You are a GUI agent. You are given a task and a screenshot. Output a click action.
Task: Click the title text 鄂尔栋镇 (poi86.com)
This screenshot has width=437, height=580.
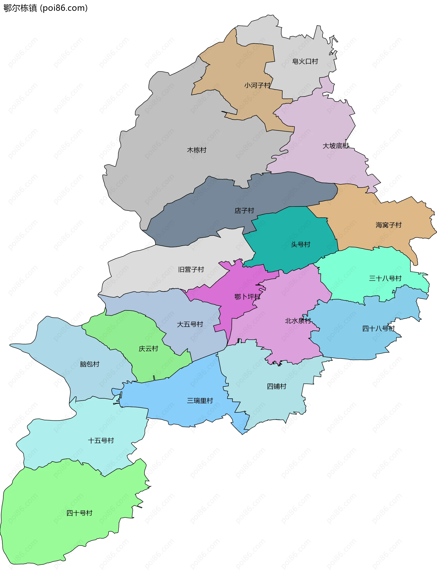(45, 8)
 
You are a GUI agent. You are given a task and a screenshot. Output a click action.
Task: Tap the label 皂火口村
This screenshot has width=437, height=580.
(305, 62)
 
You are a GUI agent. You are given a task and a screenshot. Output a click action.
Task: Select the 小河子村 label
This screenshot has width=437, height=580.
(257, 85)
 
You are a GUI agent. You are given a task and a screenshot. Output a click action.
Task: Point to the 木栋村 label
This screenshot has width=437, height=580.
(197, 150)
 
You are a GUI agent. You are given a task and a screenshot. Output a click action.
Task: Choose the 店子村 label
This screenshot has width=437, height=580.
(244, 211)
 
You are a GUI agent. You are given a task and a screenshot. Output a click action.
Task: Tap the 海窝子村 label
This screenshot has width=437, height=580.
(389, 225)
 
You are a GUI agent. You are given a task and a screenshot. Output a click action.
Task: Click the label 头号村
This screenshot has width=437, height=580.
(301, 245)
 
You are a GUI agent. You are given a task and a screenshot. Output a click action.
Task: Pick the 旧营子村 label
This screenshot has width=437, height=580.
(191, 269)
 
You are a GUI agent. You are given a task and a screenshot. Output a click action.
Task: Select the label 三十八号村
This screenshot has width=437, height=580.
(385, 278)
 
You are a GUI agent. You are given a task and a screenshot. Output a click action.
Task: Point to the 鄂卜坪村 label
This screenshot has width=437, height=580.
(247, 297)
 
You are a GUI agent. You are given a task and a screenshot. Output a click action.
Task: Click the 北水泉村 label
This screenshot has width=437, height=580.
(298, 321)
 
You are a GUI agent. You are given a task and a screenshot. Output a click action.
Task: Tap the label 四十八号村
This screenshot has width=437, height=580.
(378, 329)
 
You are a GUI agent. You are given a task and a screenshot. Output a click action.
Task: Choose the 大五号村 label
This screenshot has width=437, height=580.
(190, 324)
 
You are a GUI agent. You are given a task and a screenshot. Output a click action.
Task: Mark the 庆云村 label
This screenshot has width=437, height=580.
(148, 349)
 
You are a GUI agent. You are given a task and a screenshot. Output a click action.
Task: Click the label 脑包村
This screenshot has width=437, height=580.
(89, 364)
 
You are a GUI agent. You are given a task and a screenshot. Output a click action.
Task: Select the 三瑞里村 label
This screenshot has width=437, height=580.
(200, 401)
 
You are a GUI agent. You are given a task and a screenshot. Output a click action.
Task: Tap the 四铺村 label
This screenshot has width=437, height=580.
(277, 386)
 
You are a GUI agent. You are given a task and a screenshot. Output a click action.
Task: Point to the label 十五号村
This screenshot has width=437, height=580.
(101, 440)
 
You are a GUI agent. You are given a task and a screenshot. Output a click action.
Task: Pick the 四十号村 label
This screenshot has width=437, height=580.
(79, 513)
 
